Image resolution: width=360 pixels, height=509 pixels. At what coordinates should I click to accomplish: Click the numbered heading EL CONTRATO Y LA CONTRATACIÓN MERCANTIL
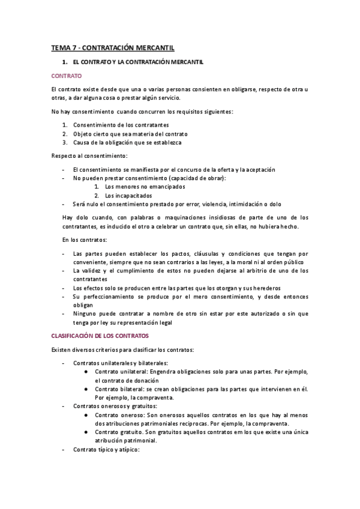click(x=138, y=62)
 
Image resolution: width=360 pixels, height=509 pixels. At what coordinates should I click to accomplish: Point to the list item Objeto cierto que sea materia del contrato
click(x=130, y=134)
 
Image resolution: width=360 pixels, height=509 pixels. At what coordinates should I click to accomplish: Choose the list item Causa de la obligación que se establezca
click(x=127, y=143)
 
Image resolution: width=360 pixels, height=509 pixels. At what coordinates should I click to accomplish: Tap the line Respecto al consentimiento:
click(x=85, y=156)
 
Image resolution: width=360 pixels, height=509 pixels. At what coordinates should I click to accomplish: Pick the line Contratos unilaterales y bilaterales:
click(x=121, y=363)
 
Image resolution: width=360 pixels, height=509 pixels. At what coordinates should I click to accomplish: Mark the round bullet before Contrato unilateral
click(x=88, y=372)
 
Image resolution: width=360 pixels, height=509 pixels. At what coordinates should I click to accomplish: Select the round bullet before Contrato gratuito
click(x=88, y=432)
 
